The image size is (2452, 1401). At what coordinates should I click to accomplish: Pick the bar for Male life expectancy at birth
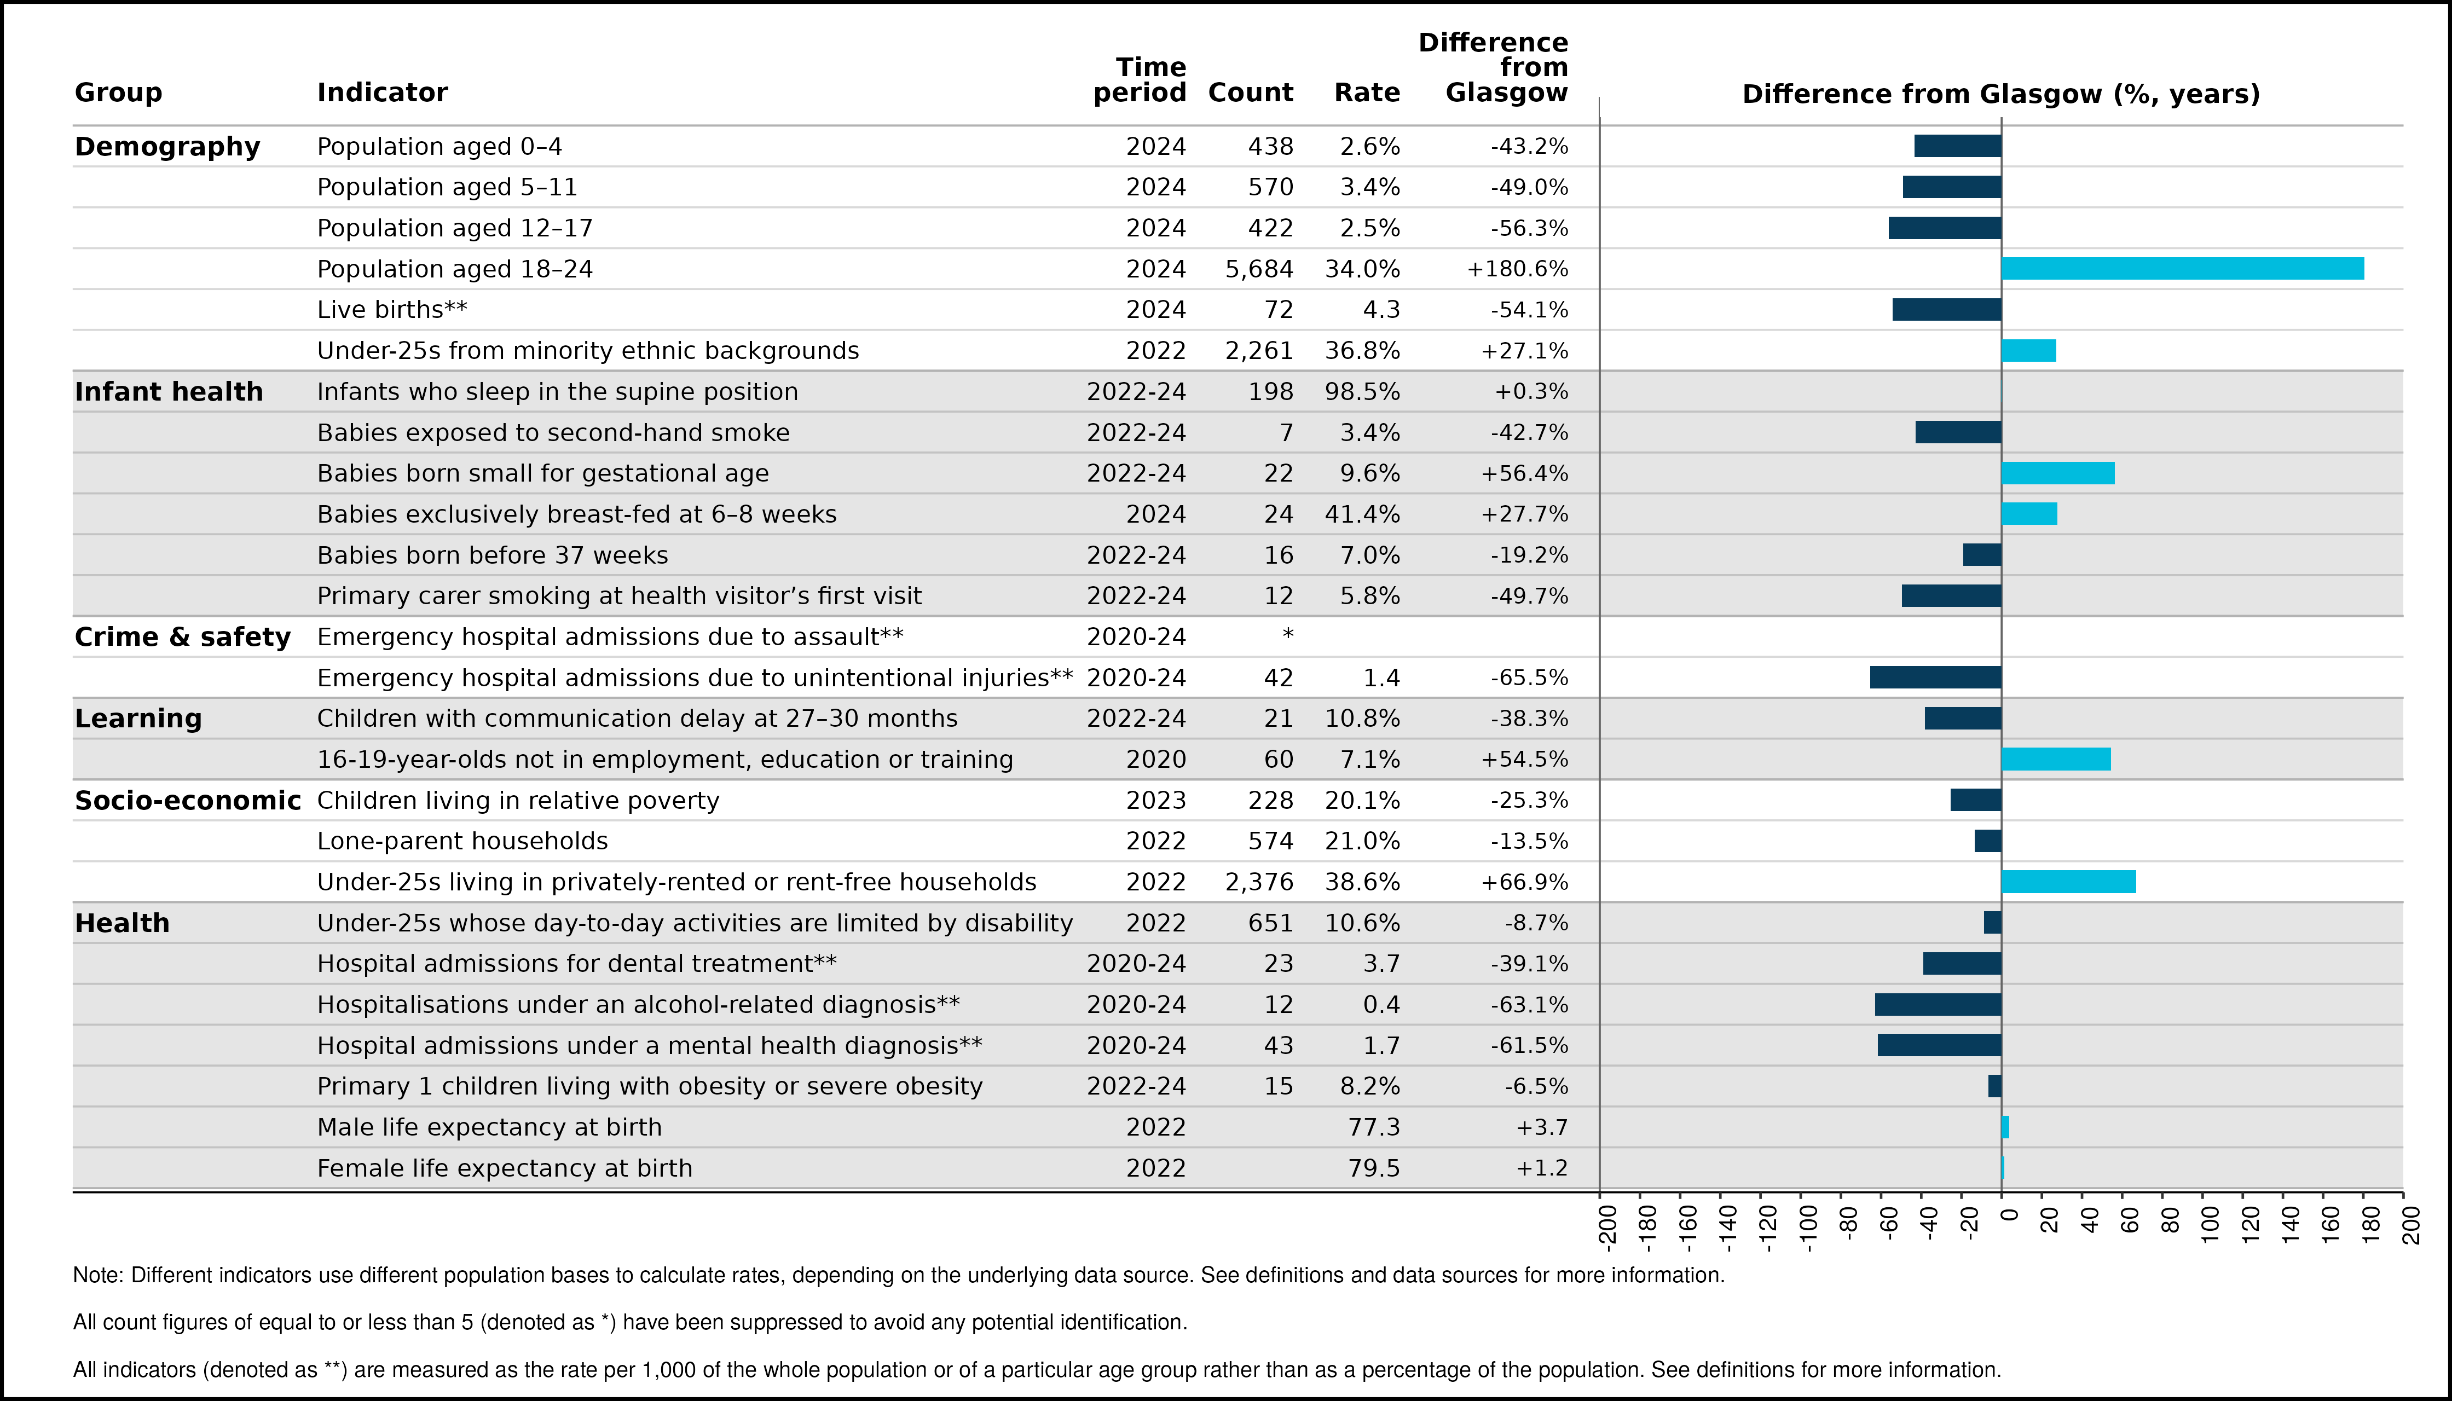pos(2005,1127)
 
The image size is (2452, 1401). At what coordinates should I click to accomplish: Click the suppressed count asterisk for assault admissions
pos(1288,634)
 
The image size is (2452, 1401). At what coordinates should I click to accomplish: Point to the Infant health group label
pos(169,392)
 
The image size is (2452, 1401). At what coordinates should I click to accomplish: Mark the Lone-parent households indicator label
pos(463,842)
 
